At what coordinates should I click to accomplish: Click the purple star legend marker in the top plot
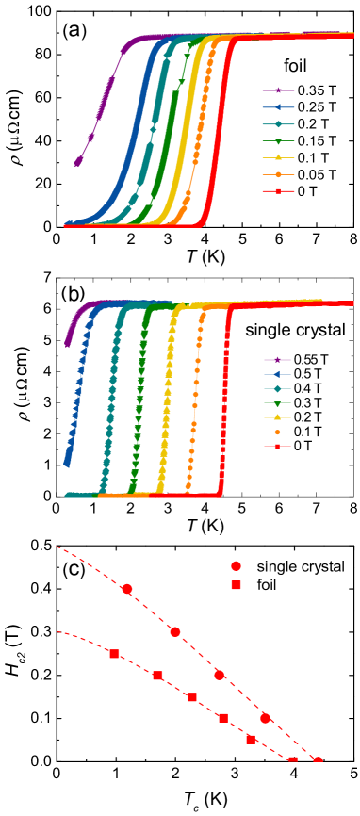coord(278,90)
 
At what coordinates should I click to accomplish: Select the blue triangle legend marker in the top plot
coord(278,107)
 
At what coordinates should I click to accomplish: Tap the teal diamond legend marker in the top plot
coord(278,124)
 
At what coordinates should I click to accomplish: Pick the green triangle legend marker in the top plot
coord(278,141)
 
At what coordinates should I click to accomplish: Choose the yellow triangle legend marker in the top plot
coord(278,157)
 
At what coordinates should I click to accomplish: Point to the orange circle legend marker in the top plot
coord(278,174)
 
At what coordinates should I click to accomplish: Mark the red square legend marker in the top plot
coord(278,191)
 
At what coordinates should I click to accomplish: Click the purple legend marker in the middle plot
coord(277,360)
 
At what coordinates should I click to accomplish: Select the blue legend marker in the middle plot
coord(277,374)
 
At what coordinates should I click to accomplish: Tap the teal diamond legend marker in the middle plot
coord(277,389)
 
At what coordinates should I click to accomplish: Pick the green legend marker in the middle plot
coord(277,403)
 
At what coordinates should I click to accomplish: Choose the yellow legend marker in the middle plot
coord(277,417)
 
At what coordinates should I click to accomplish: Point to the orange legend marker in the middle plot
coord(277,432)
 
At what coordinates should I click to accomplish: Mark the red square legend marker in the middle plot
coord(277,446)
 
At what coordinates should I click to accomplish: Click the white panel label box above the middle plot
coord(66,291)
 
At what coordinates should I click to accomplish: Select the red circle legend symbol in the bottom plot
coord(236,566)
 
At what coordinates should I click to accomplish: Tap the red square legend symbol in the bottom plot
coord(236,585)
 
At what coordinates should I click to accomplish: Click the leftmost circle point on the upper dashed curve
coord(127,589)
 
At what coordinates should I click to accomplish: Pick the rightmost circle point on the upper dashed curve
coord(318,760)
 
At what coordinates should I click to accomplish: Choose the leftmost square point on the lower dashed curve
coord(114,654)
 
